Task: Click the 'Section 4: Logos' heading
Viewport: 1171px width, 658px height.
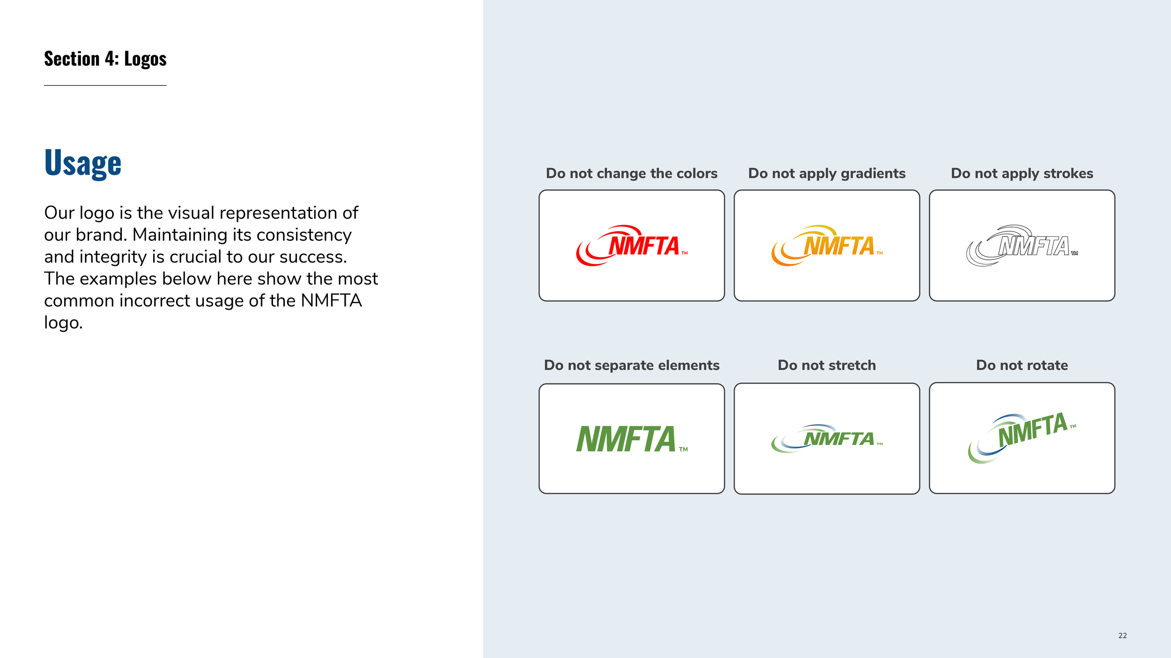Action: pyautogui.click(x=105, y=59)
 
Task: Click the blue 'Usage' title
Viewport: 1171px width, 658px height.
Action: pyautogui.click(x=83, y=163)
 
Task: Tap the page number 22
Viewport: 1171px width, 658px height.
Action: pyautogui.click(x=1122, y=636)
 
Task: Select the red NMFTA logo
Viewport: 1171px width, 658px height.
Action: pyautogui.click(x=631, y=246)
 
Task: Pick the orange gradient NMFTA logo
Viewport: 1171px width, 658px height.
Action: pyautogui.click(x=827, y=246)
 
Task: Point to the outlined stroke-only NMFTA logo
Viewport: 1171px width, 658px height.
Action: pyautogui.click(x=1022, y=246)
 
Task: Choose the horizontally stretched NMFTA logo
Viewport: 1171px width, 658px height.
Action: pyautogui.click(x=827, y=439)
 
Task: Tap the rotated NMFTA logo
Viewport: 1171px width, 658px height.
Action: pyautogui.click(x=1022, y=438)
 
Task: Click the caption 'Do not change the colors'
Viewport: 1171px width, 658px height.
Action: pyautogui.click(x=631, y=174)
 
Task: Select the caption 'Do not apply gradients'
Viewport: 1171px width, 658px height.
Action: pyautogui.click(x=827, y=174)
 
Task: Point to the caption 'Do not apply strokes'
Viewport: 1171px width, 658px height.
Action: pyautogui.click(x=1022, y=174)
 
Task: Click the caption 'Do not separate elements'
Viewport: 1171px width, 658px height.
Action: pyautogui.click(x=631, y=365)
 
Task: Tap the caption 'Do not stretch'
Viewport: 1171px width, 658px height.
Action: pyautogui.click(x=827, y=365)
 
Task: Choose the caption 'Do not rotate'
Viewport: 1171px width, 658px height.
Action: pyautogui.click(x=1022, y=365)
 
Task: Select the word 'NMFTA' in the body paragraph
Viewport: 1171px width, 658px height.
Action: pyautogui.click(x=331, y=300)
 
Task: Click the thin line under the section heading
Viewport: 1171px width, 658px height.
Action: pyautogui.click(x=105, y=85)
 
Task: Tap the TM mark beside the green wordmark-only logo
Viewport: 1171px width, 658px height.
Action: pyautogui.click(x=683, y=449)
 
